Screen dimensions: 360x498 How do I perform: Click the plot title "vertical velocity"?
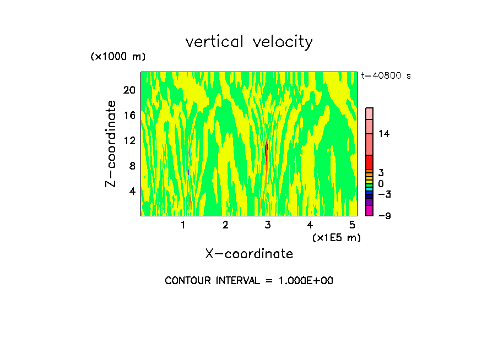pyautogui.click(x=249, y=42)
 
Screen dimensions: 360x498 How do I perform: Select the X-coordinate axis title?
pyautogui.click(x=249, y=254)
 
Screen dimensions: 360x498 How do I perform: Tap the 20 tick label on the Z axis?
pyautogui.click(x=129, y=90)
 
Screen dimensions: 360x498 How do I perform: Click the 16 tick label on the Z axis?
pyautogui.click(x=129, y=115)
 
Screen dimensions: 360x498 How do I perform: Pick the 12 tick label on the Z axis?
pyautogui.click(x=129, y=140)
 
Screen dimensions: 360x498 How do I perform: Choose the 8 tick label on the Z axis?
pyautogui.click(x=132, y=166)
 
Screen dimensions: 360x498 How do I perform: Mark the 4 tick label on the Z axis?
pyautogui.click(x=132, y=191)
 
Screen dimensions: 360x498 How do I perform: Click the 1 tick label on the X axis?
pyautogui.click(x=183, y=225)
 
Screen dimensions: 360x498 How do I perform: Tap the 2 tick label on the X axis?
pyautogui.click(x=225, y=225)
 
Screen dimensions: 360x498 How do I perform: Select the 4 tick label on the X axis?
pyautogui.click(x=310, y=225)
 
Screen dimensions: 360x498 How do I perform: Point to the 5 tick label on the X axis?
pyautogui.click(x=352, y=225)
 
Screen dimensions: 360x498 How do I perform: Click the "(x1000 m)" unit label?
pyautogui.click(x=117, y=57)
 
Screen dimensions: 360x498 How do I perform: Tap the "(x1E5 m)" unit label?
pyautogui.click(x=336, y=237)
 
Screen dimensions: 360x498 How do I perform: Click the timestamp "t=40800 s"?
pyautogui.click(x=386, y=76)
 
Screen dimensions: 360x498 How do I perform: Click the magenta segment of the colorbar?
pyautogui.click(x=370, y=211)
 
